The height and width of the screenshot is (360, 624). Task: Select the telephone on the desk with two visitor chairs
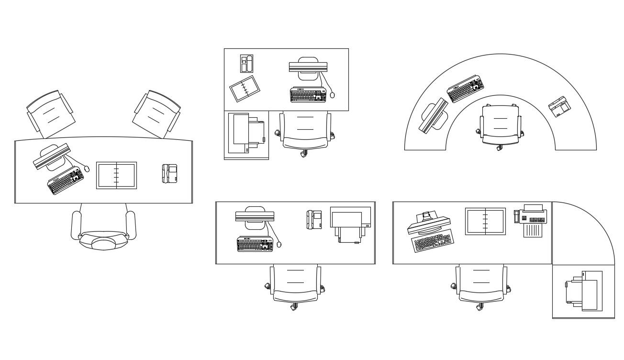[x=170, y=173]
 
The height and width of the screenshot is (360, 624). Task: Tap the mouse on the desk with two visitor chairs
[x=87, y=169]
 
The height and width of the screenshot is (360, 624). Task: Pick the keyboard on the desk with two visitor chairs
[x=66, y=180]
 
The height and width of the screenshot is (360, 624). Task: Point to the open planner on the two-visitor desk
[x=116, y=175]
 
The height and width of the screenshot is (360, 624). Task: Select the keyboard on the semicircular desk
[x=465, y=89]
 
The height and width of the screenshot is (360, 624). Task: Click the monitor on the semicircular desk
[x=434, y=115]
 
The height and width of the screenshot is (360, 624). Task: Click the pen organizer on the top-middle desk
[x=246, y=64]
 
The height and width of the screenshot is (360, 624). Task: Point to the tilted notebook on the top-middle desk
[x=245, y=89]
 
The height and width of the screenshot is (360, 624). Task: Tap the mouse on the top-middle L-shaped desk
[x=332, y=95]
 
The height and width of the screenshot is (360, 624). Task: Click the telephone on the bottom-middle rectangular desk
[x=314, y=219]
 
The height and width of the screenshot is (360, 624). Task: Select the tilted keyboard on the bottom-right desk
[x=432, y=241]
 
